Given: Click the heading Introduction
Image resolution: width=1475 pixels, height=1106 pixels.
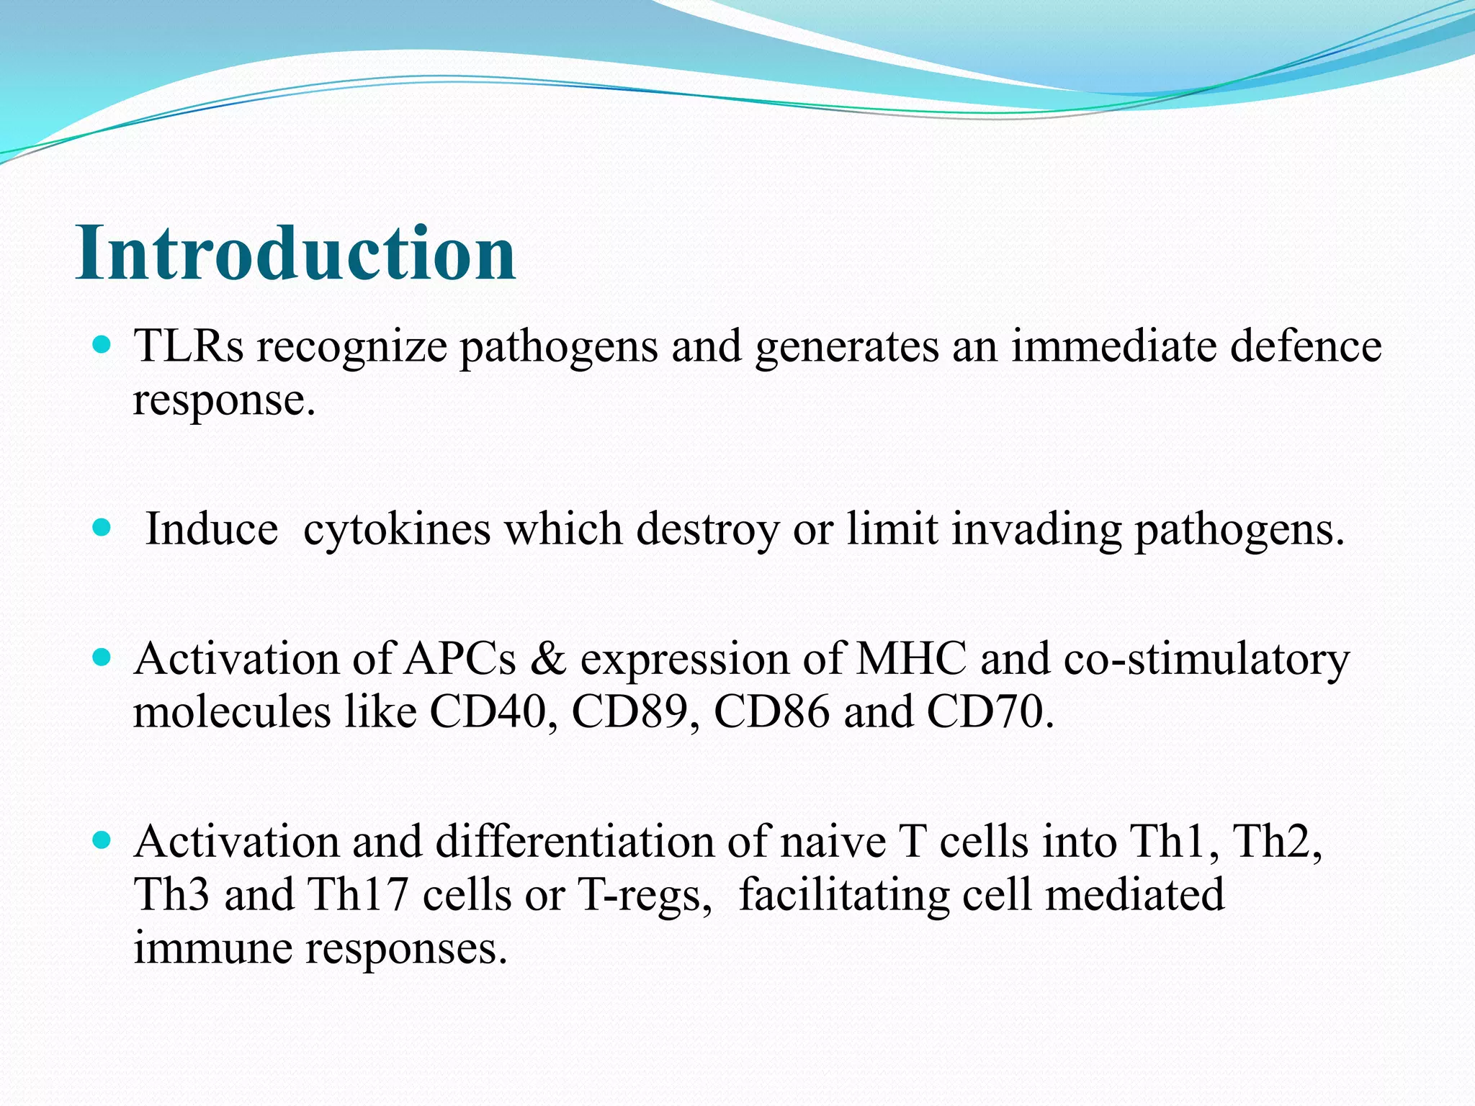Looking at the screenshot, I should click(295, 253).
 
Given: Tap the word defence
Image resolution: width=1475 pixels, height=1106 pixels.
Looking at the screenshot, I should click(1305, 346).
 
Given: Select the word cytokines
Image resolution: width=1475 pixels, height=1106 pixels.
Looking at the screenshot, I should click(397, 530).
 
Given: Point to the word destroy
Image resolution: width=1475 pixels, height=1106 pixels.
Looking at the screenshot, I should click(708, 530).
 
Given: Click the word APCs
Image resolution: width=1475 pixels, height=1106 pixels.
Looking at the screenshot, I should click(459, 659).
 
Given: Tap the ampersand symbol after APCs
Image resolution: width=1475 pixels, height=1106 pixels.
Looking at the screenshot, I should click(547, 659).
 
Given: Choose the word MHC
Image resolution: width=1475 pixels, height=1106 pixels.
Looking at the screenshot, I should click(910, 659).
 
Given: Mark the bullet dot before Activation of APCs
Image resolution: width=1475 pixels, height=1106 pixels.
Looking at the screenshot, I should click(102, 657).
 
